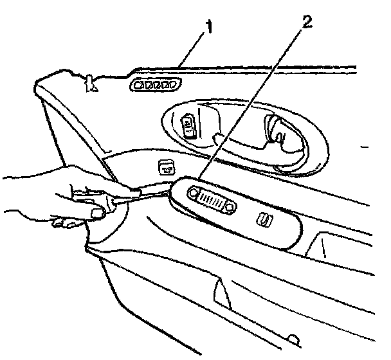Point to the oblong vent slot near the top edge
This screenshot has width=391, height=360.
point(154,85)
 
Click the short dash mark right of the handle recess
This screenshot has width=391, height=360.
point(365,148)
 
